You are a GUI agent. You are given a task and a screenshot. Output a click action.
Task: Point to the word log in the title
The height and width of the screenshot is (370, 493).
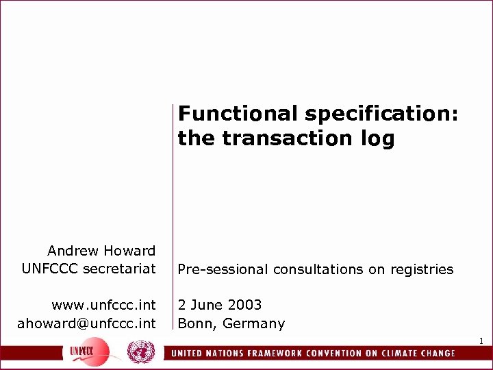click(379, 139)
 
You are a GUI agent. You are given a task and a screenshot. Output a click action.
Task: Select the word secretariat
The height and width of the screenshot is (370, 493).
click(119, 269)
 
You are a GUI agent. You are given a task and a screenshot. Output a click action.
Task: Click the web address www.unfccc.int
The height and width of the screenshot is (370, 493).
click(103, 304)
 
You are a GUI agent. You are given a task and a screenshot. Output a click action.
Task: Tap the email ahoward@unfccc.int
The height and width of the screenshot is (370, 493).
click(86, 323)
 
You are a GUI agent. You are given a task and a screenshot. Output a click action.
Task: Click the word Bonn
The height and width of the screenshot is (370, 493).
click(194, 323)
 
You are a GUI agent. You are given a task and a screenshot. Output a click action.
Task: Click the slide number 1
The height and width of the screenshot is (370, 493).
click(481, 341)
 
